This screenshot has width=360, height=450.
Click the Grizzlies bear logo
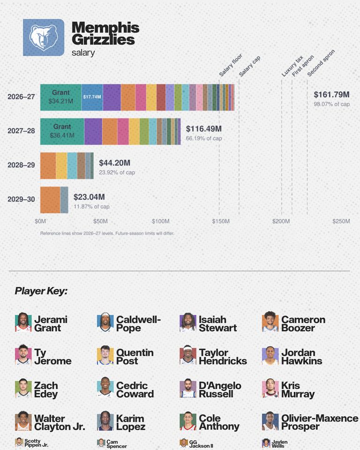[44, 37]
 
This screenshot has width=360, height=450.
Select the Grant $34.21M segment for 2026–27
[61, 97]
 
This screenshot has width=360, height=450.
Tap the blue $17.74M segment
[92, 97]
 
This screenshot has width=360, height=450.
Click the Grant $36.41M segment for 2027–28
[62, 131]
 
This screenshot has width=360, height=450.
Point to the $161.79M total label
[331, 94]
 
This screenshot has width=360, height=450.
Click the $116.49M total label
[204, 128]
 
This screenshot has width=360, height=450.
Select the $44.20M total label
[114, 163]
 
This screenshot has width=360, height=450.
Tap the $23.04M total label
[89, 197]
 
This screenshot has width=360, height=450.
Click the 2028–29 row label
[21, 165]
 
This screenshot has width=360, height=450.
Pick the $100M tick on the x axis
[160, 221]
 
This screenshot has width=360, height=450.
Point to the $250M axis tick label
[341, 221]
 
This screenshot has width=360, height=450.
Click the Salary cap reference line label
[249, 66]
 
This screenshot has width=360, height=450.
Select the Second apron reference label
[321, 63]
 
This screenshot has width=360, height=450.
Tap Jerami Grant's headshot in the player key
[23, 323]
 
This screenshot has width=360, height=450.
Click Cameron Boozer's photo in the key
[270, 322]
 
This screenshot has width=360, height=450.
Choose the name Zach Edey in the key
[46, 390]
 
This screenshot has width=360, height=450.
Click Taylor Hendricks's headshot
[188, 355]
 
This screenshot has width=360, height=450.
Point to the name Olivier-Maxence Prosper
[320, 422]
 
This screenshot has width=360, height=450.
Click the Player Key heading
[41, 291]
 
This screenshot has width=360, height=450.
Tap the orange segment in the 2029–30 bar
[50, 200]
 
